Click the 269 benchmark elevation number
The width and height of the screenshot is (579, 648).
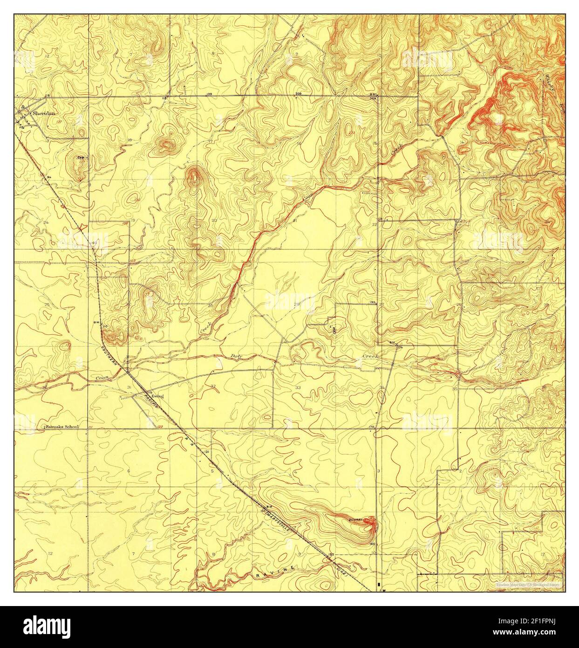click(x=373, y=98)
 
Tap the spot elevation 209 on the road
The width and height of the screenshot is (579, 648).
click(x=298, y=94)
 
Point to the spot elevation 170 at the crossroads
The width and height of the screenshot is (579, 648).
click(x=372, y=427)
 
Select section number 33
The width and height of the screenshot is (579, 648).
click(x=297, y=387)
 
